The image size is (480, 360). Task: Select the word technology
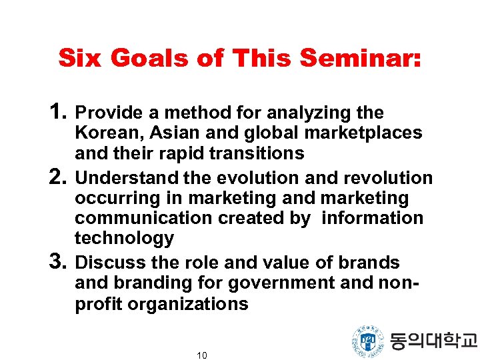124,238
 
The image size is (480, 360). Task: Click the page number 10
202,355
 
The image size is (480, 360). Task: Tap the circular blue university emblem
367,341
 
